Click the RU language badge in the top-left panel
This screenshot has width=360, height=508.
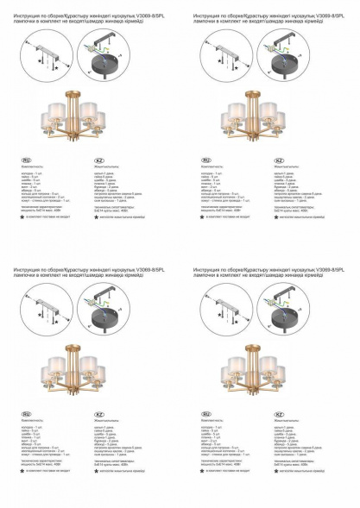coord(26,160)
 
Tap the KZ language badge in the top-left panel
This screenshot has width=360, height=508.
coord(98,160)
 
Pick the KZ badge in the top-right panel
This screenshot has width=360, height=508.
coord(278,160)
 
